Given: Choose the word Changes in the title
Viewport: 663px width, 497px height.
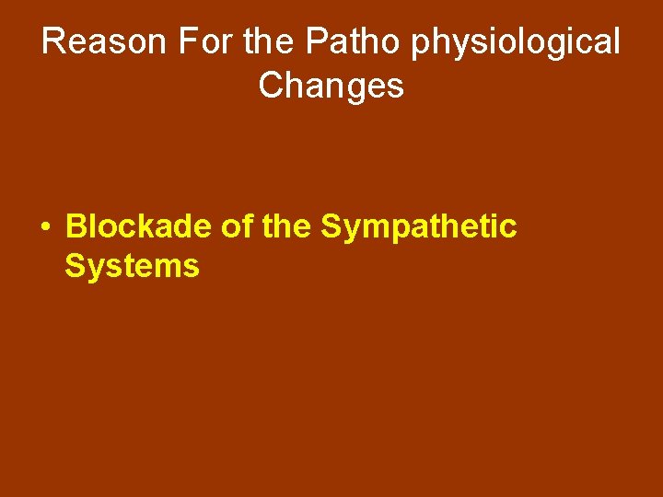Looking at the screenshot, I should [x=331, y=86].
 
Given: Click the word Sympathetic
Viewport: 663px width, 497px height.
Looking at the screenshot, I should [x=419, y=227].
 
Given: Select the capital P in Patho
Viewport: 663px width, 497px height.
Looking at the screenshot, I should [x=316, y=42].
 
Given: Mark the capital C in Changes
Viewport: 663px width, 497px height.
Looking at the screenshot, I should [x=272, y=86].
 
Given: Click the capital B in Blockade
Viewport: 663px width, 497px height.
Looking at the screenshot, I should [x=77, y=225].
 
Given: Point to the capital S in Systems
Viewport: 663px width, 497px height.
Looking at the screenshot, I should [x=75, y=267].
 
